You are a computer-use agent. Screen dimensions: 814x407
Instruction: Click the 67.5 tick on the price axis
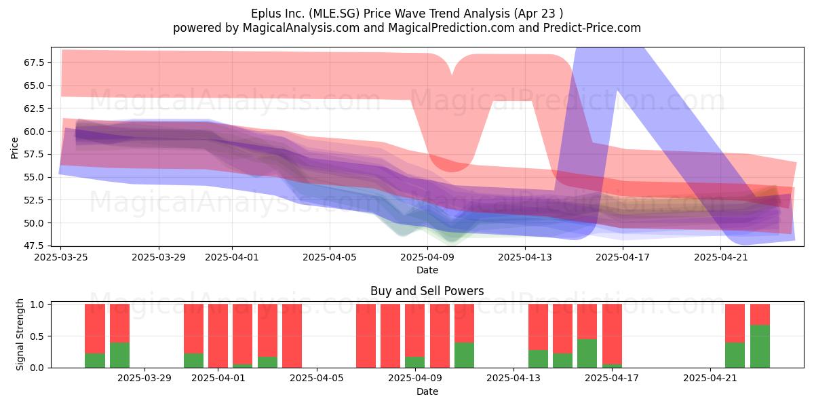coord(34,63)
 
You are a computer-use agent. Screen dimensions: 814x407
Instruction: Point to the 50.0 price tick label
coord(34,223)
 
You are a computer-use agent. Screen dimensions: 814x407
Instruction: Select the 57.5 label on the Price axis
coord(34,155)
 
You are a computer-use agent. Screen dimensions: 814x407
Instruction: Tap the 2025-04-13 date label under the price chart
coord(525,257)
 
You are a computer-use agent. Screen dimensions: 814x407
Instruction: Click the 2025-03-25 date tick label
coord(60,257)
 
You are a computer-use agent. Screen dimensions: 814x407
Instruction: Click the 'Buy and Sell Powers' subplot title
coord(427,291)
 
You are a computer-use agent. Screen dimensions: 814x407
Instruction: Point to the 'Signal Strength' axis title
coord(20,334)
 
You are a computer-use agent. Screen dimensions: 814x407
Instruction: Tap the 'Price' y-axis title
coord(14,148)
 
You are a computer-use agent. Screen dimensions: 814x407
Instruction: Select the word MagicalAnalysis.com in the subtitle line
coord(301,28)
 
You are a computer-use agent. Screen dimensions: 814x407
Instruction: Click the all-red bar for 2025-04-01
coord(218,336)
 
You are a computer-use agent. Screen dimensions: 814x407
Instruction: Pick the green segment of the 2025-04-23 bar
coord(760,347)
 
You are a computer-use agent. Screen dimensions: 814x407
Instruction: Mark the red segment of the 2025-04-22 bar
coord(735,323)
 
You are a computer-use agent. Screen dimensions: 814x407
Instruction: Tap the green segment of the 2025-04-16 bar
coord(587,353)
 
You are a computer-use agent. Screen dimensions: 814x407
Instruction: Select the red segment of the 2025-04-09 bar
coord(414,330)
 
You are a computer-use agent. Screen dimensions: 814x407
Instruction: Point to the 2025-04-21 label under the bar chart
coord(710,379)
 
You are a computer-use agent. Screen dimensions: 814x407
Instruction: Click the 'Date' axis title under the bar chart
coord(427,391)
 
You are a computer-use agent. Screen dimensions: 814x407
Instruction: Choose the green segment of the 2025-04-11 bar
coord(464,355)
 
